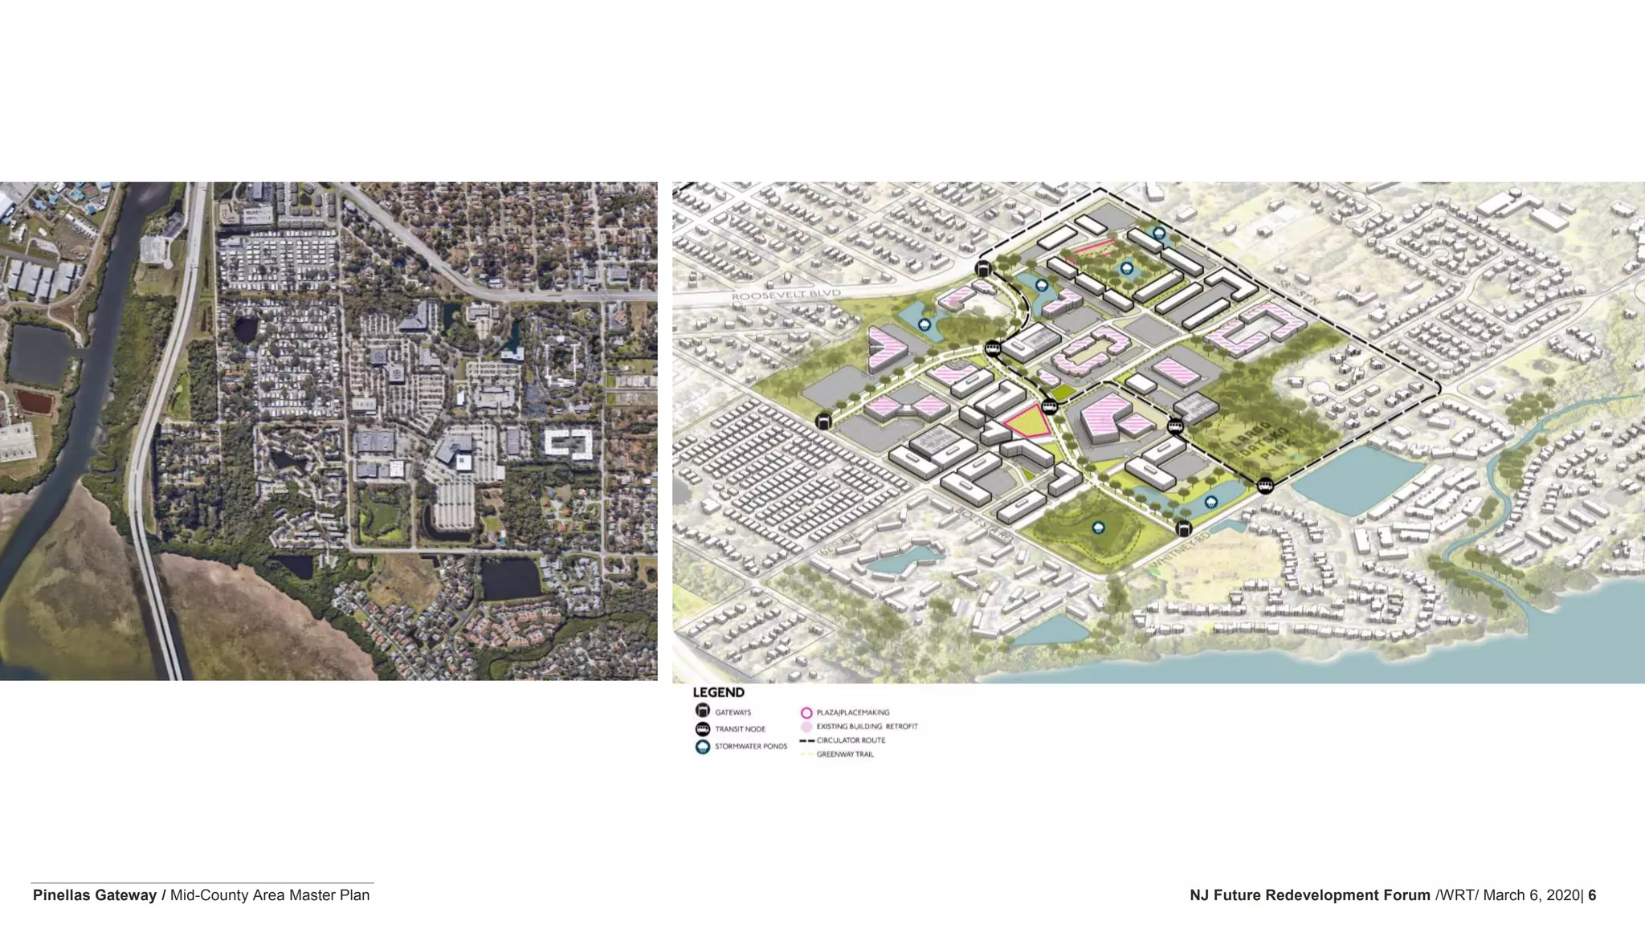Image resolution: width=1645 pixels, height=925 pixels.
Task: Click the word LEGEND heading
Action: [x=718, y=692]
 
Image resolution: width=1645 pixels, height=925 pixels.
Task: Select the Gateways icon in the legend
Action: [x=703, y=711]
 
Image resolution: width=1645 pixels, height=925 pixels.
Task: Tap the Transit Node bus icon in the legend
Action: [x=703, y=729]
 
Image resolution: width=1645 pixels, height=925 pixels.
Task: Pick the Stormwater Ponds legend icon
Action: [x=703, y=747]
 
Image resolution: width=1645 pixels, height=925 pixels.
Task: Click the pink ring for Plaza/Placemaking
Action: [x=806, y=712]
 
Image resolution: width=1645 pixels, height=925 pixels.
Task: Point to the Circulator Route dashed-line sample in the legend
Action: [x=806, y=740]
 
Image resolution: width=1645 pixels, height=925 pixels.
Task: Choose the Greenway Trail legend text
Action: [x=845, y=755]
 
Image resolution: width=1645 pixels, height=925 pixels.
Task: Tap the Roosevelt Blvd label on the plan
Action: [x=786, y=295]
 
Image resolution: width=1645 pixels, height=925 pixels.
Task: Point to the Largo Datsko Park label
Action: [x=1263, y=442]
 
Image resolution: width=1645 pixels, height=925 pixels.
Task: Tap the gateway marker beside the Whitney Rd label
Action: [x=1183, y=528]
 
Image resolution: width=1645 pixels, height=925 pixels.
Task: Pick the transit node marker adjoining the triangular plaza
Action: [x=1049, y=406]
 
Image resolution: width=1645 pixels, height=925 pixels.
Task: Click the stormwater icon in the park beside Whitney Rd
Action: [x=1097, y=528]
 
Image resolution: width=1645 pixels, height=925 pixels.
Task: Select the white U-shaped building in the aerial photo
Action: [x=569, y=442]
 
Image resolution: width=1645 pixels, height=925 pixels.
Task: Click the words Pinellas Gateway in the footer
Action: [x=94, y=895]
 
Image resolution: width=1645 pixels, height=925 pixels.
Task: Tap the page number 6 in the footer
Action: [x=1592, y=895]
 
